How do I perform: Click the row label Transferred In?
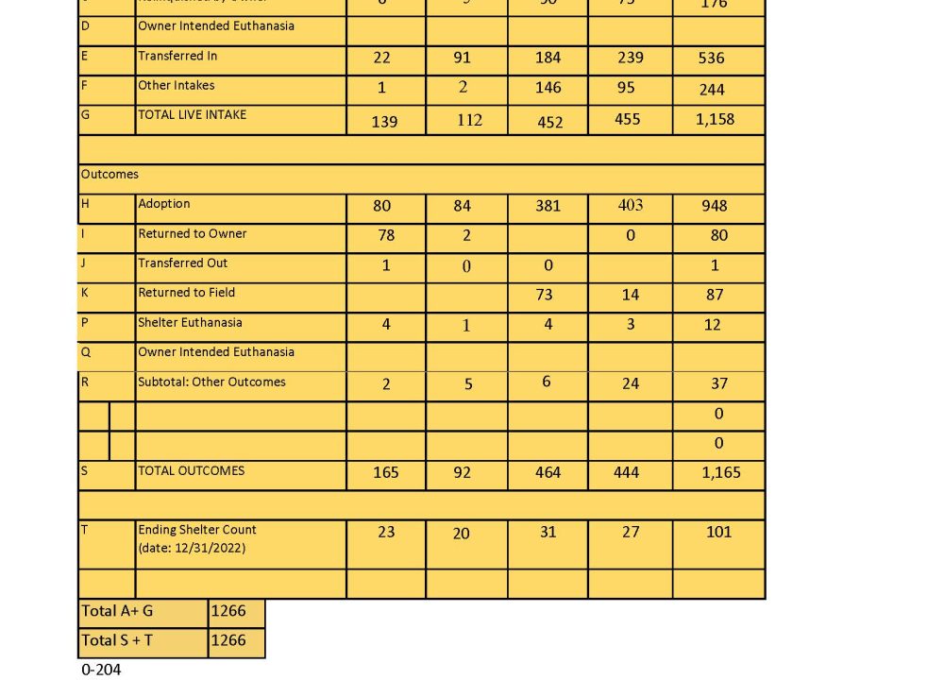pos(177,56)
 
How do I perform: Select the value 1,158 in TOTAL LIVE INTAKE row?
pos(715,119)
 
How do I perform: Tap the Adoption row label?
pos(164,204)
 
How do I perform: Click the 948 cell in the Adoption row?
pos(715,206)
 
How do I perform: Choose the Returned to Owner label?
pos(193,233)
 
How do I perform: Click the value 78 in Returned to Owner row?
pos(385,235)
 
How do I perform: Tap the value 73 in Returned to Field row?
pos(544,295)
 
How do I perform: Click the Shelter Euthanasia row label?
pos(190,322)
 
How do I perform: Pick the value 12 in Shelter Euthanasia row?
pos(712,325)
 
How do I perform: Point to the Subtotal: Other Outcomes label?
pos(211,382)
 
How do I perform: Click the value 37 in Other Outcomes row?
pos(716,383)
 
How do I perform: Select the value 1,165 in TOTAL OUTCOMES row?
pos(721,472)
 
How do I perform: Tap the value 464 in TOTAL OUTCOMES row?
pos(548,472)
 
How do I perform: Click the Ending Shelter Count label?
pos(197,530)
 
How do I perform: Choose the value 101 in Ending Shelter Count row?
pos(718,532)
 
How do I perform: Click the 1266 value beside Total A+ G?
pos(228,611)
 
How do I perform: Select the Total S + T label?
pos(117,640)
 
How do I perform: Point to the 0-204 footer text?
pos(101,670)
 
